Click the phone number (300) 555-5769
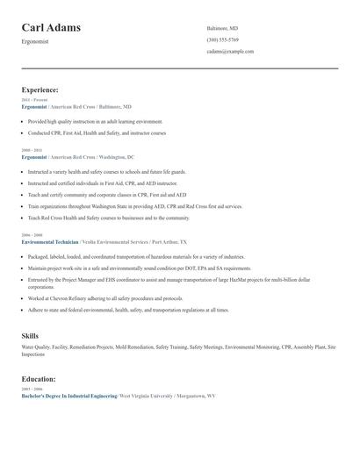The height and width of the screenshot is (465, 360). (222, 39)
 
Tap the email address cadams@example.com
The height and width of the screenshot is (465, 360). (230, 52)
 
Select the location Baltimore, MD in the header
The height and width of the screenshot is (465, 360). (222, 28)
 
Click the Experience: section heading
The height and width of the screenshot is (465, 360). (40, 89)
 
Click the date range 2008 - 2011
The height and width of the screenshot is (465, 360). (32, 150)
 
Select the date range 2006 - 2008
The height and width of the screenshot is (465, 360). (32, 235)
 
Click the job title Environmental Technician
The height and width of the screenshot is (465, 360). (49, 241)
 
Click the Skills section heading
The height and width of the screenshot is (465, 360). (30, 336)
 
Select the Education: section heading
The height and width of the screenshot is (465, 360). (39, 379)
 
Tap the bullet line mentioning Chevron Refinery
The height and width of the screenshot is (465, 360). (105, 298)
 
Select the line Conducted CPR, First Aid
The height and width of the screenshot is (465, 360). (97, 133)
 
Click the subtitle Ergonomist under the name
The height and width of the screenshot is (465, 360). (35, 41)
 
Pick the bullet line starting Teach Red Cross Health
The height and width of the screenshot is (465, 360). (109, 218)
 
